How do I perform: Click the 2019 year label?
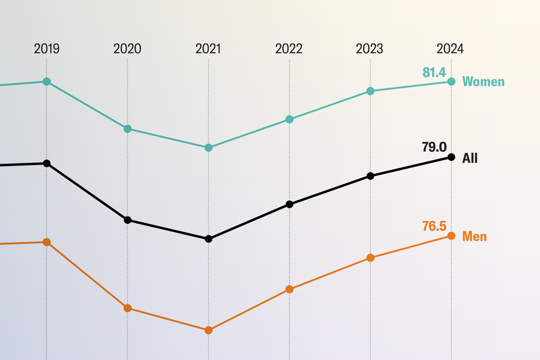[46, 49]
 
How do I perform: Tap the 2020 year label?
[127, 49]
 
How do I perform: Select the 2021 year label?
[208, 49]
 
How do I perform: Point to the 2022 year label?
[289, 49]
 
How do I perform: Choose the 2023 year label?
[370, 49]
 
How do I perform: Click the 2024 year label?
[450, 49]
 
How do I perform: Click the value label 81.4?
[434, 73]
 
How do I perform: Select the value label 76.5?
[434, 226]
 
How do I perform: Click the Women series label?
[483, 82]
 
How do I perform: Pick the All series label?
[470, 158]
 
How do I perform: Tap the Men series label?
[474, 236]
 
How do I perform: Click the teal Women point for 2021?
[208, 148]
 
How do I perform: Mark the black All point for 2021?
[208, 239]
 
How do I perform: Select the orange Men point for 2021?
[208, 330]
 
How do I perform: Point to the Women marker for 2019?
[47, 82]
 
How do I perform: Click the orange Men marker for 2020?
[127, 308]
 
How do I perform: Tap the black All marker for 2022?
[290, 204]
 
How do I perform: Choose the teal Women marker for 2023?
[370, 91]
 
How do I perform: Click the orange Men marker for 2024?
[451, 236]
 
